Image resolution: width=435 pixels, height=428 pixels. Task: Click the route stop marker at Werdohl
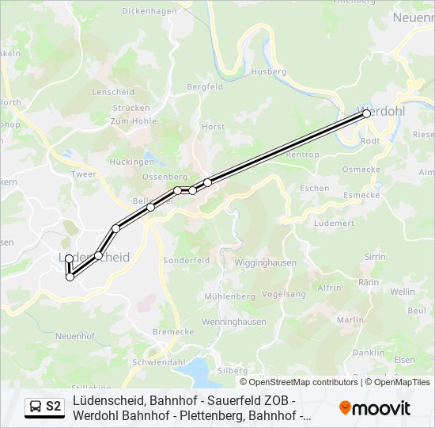pyautogui.click(x=367, y=114)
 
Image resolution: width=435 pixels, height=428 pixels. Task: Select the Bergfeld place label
pyautogui.click(x=205, y=86)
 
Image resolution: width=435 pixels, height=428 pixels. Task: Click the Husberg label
pyautogui.click(x=268, y=71)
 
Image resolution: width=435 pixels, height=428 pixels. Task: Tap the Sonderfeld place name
pyautogui.click(x=186, y=260)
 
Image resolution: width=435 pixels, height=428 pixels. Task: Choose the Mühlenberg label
pyautogui.click(x=229, y=296)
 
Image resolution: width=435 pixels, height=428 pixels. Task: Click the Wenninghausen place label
pyautogui.click(x=234, y=322)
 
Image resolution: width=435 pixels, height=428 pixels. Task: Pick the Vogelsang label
pyautogui.click(x=283, y=294)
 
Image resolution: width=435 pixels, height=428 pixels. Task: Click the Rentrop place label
pyautogui.click(x=301, y=155)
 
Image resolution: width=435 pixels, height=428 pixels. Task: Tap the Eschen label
pyautogui.click(x=314, y=188)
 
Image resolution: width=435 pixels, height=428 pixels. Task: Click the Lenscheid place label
pyautogui.click(x=114, y=92)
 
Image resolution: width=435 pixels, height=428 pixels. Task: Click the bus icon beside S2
pyautogui.click(x=36, y=407)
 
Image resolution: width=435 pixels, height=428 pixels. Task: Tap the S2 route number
pyautogui.click(x=54, y=407)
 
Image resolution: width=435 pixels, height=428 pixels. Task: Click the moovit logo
pyautogui.click(x=375, y=408)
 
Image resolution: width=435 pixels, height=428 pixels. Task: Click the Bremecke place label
pyautogui.click(x=173, y=331)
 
